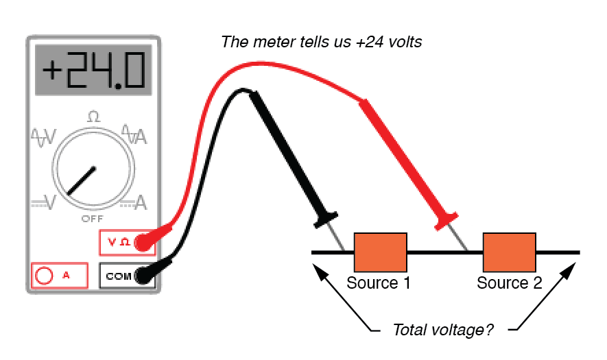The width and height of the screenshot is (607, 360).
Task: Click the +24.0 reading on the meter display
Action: [x=94, y=71]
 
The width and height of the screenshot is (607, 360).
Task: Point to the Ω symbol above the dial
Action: [x=93, y=117]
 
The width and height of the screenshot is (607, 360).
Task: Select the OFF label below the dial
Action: [x=93, y=218]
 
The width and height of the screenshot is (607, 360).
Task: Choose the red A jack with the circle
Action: [x=45, y=276]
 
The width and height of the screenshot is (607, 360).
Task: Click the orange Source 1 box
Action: [x=380, y=252]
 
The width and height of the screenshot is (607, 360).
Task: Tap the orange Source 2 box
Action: [x=509, y=252]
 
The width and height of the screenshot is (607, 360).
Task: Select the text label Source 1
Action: [x=379, y=283]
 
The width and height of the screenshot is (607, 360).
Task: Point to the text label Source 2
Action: [x=509, y=283]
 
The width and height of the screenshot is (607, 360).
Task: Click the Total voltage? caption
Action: [x=442, y=330]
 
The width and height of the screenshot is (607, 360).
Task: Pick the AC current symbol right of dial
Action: [x=134, y=134]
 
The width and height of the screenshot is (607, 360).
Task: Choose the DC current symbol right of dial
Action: [x=134, y=202]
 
